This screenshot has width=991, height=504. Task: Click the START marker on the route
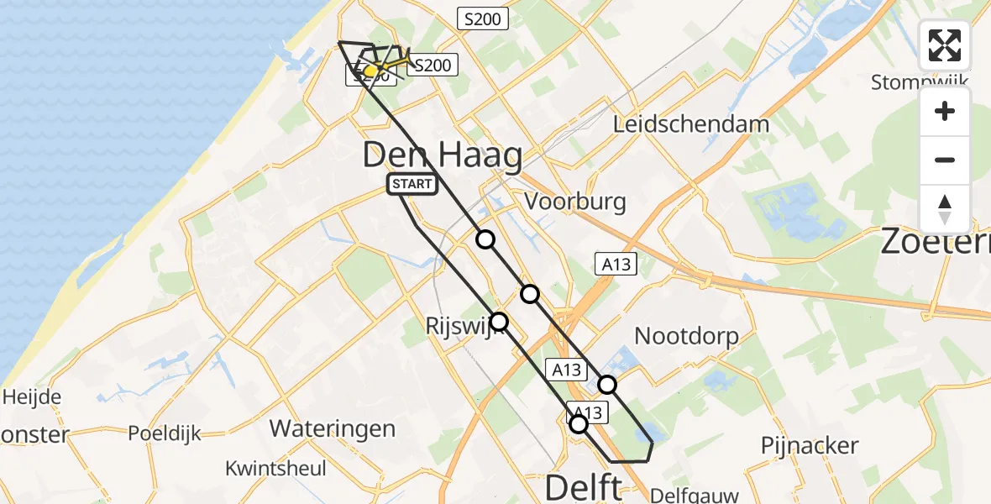coord(412,185)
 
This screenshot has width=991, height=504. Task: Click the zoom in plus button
coord(945,111)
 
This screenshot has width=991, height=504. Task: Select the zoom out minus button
coord(945,160)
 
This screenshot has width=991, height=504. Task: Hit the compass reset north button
coord(945,208)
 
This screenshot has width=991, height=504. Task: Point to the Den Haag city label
coord(443,156)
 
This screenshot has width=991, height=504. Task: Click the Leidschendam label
coord(691,124)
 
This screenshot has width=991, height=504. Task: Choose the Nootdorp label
coord(686,337)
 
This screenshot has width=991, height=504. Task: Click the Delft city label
coord(585,486)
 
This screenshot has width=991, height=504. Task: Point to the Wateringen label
coord(332,428)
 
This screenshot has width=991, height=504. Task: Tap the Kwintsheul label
coord(275,468)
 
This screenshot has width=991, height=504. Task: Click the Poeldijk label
coord(165,433)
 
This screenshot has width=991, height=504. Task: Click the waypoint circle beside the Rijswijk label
coord(499,321)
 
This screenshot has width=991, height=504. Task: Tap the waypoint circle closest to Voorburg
coord(485,239)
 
